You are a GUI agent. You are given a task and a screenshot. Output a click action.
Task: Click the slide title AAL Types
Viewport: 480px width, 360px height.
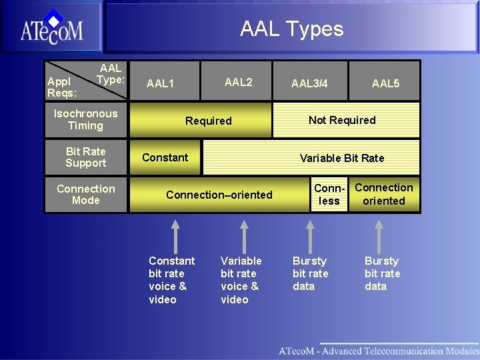pyautogui.click(x=291, y=29)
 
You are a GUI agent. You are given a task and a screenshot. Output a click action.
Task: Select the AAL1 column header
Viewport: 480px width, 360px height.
pyautogui.click(x=160, y=83)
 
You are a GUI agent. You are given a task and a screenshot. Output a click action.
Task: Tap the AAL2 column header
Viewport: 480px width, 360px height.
pyautogui.click(x=238, y=82)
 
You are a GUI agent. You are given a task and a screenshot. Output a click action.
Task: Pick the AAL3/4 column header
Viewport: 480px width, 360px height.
pyautogui.click(x=309, y=83)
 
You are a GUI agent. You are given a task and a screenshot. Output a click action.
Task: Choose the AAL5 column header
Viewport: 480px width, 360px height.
pyautogui.click(x=385, y=83)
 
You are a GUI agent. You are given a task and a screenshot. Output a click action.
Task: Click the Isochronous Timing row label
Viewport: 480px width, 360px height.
pyautogui.click(x=85, y=119)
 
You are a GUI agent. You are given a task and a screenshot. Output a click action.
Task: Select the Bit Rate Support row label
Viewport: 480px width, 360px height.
pyautogui.click(x=85, y=157)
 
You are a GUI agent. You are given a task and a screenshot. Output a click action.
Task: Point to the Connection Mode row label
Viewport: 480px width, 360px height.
pyautogui.click(x=85, y=195)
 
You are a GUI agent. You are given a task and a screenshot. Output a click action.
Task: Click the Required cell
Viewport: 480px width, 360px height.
pyautogui.click(x=208, y=121)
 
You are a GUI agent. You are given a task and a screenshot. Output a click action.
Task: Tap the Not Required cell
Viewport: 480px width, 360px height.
pyautogui.click(x=342, y=120)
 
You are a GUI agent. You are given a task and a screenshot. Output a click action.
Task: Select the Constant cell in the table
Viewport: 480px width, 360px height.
pyautogui.click(x=165, y=157)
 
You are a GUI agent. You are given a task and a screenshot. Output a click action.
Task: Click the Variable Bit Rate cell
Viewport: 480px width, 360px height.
pyautogui.click(x=342, y=158)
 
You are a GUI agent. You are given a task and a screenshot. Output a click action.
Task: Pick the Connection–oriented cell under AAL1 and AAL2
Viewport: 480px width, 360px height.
pyautogui.click(x=219, y=195)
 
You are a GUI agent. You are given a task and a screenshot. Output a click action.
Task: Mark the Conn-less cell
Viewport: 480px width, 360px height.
pyautogui.click(x=329, y=195)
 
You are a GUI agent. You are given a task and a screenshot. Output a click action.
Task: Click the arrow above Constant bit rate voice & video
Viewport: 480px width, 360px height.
pyautogui.click(x=175, y=236)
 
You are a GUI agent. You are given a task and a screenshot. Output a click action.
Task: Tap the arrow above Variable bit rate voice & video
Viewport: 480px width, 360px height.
pyautogui.click(x=244, y=236)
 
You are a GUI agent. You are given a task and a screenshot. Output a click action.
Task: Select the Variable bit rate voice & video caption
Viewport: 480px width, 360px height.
pyautogui.click(x=241, y=280)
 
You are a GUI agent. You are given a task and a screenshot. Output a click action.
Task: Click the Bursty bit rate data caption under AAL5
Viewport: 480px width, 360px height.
pyautogui.click(x=382, y=273)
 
